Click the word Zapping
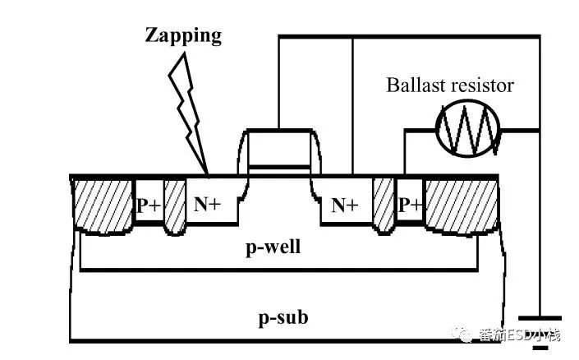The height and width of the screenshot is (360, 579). (183, 36)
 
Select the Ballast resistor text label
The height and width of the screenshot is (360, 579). (450, 85)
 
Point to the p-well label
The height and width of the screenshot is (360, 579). (273, 247)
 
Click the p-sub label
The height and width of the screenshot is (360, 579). (283, 318)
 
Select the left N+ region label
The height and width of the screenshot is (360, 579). (207, 204)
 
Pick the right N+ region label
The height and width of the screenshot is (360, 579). (345, 205)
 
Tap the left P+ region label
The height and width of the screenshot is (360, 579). (149, 205)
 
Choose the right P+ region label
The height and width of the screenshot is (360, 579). (410, 205)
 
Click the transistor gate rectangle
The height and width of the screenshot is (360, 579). (279, 148)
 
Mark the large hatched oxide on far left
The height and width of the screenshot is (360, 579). (103, 206)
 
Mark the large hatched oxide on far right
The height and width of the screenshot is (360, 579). (462, 206)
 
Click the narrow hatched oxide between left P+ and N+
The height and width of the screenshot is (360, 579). (174, 207)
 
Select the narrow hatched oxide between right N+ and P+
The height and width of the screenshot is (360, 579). (384, 206)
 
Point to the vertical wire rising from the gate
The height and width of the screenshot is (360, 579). (278, 83)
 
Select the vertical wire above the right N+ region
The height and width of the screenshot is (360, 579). (352, 106)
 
